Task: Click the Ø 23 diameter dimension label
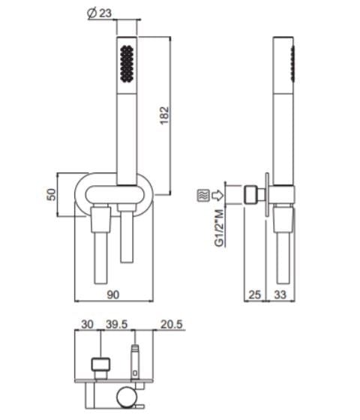point(99,13)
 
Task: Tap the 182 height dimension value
point(164,115)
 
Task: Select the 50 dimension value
point(52,195)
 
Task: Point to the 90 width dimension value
point(112,295)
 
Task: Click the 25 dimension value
point(254,295)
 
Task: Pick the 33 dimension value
point(280,295)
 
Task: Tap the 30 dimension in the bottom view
point(87,324)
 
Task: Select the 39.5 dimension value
point(116,324)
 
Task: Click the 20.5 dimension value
point(172,324)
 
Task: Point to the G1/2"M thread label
point(219,228)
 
